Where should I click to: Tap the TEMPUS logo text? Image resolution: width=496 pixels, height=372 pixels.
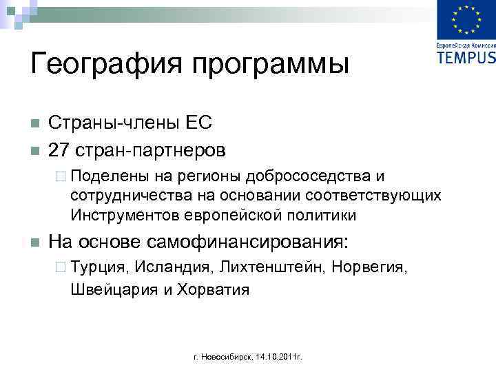(x=466, y=57)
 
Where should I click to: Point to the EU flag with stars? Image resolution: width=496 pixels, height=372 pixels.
(x=466, y=20)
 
